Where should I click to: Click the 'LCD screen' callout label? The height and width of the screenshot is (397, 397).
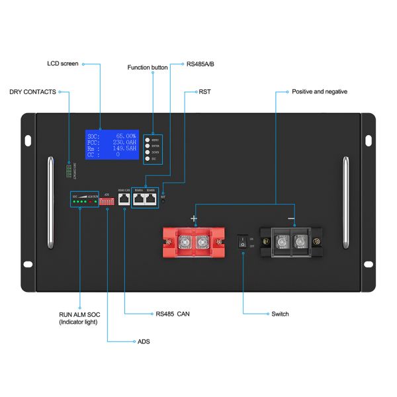63,64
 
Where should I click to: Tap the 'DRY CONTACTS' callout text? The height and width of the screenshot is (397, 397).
32,91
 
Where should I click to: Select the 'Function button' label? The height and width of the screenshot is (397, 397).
148,67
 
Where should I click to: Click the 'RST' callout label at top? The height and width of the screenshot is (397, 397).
204,91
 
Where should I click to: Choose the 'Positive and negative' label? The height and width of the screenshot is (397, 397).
320,91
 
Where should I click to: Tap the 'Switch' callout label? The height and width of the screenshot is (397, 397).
280,314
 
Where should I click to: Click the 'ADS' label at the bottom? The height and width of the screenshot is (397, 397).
144,341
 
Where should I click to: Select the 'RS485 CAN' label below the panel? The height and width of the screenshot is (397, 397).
173,314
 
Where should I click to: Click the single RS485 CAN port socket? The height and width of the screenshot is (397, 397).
124,199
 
